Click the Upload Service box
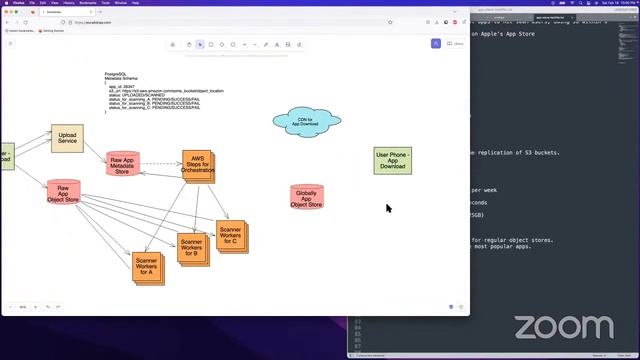click(x=68, y=138)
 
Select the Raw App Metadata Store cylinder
click(x=122, y=164)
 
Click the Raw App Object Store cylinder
click(x=63, y=193)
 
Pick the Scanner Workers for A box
click(x=146, y=268)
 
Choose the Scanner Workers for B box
click(x=192, y=246)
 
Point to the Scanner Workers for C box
click(x=230, y=236)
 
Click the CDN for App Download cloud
click(x=306, y=122)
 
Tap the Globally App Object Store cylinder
click(x=307, y=196)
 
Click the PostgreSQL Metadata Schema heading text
click(x=122, y=76)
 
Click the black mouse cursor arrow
click(x=388, y=208)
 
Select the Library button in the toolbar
click(x=457, y=44)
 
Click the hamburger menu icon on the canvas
click(x=11, y=44)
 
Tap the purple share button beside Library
click(x=436, y=44)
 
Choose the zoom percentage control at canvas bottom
click(x=22, y=307)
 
